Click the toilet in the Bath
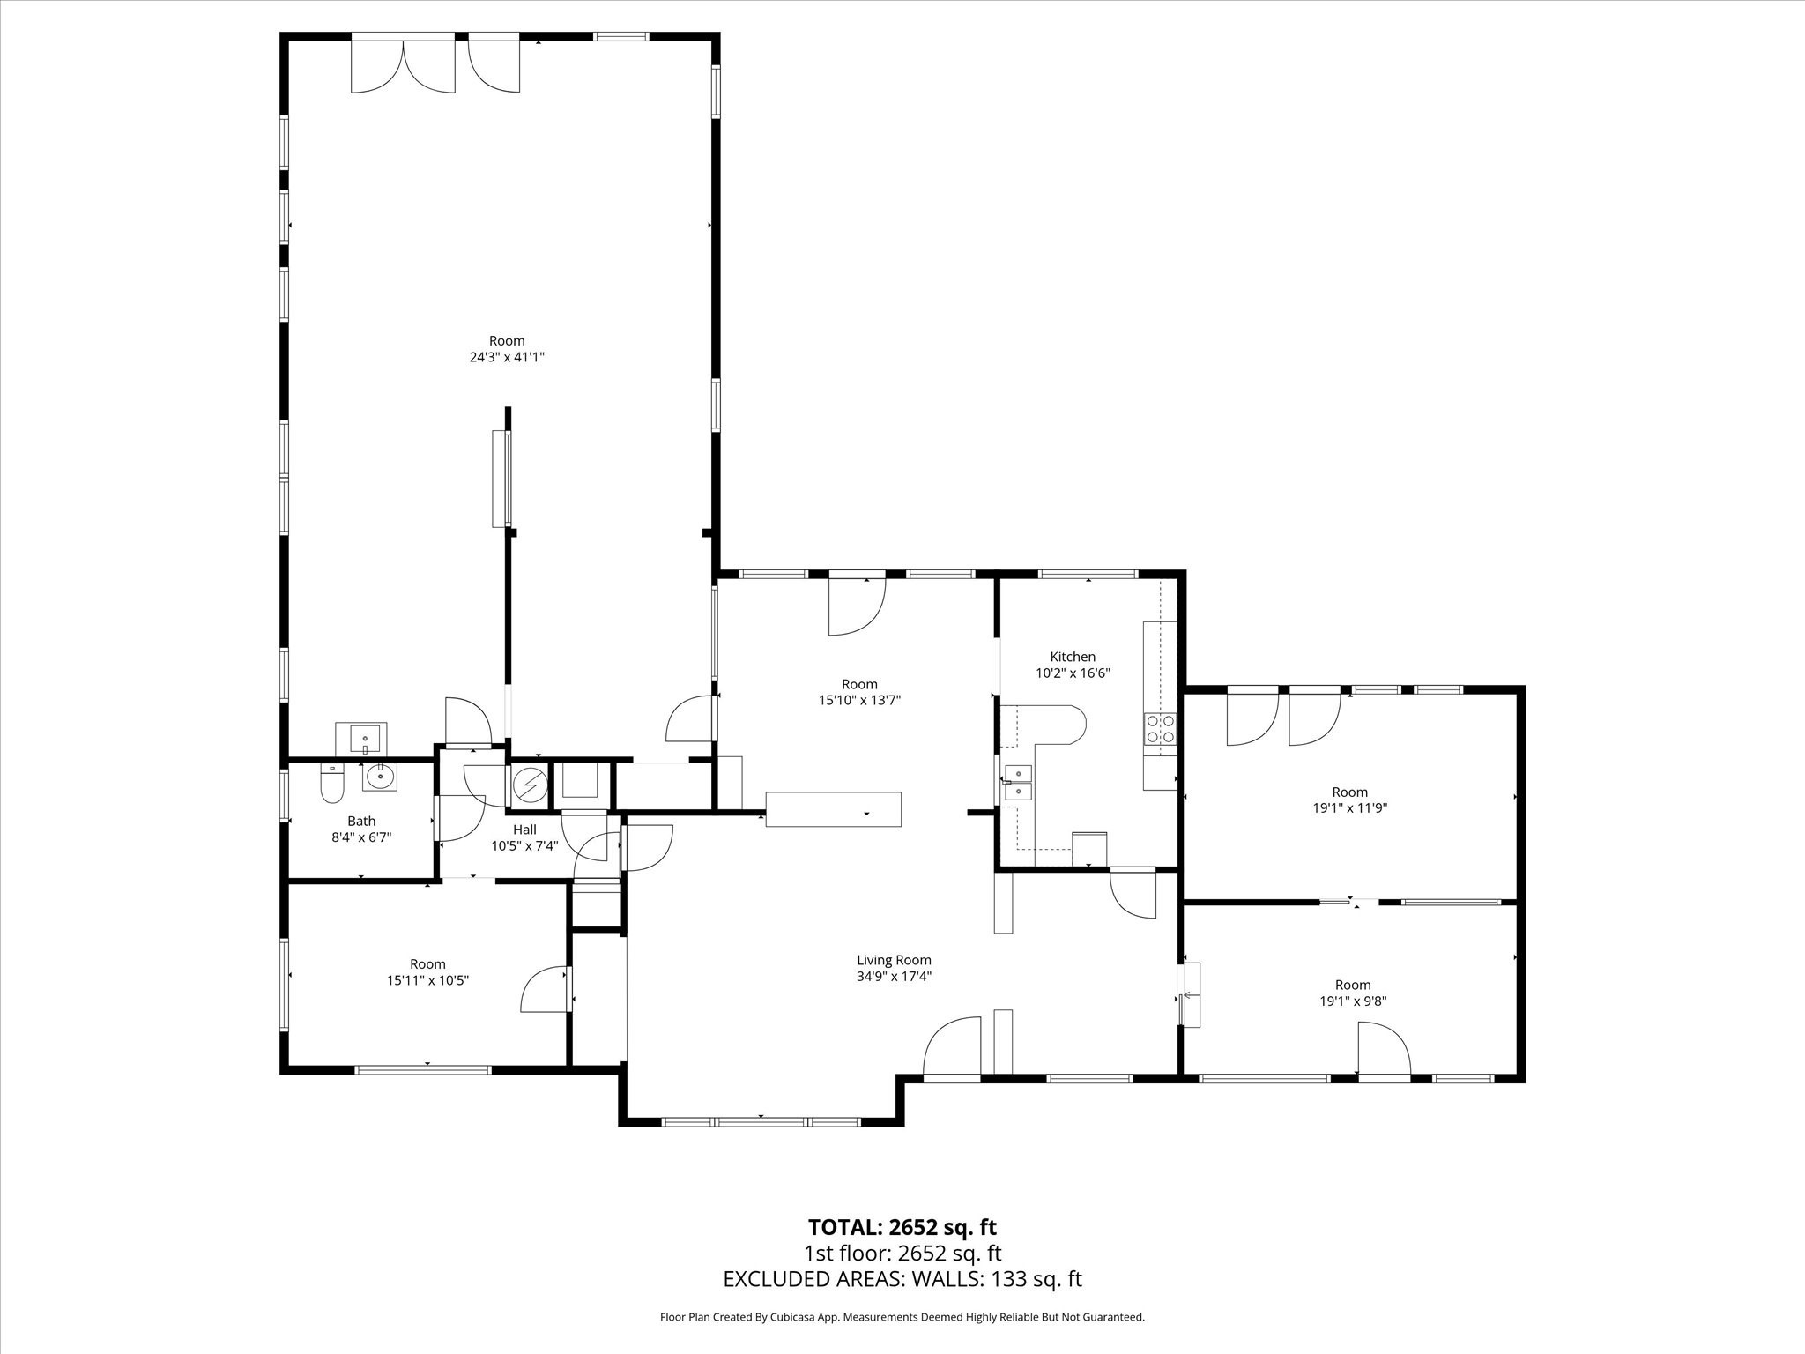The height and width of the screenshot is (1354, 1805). [x=331, y=783]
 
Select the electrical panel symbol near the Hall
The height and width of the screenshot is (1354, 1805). [x=530, y=784]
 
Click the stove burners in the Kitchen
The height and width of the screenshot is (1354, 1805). [x=1160, y=729]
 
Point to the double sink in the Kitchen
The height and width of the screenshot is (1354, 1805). [x=1018, y=782]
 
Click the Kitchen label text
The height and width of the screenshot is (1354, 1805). [x=1073, y=657]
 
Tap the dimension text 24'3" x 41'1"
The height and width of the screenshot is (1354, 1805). [x=507, y=357]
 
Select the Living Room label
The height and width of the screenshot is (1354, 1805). [x=894, y=960]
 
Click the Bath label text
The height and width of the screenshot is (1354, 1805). [x=361, y=821]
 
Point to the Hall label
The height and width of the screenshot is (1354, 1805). [x=524, y=830]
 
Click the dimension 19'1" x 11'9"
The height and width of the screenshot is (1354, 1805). [x=1349, y=807]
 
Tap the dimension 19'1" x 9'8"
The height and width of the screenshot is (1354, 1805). [x=1353, y=1001]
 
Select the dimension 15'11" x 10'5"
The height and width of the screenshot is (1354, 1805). [x=427, y=979]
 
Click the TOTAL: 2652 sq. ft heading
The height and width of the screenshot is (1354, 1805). [x=902, y=1227]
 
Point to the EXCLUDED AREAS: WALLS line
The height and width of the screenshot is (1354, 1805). [x=902, y=1279]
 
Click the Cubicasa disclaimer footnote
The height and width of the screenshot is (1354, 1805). [x=902, y=1317]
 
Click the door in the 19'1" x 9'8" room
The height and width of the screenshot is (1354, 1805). [x=1382, y=1049]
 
